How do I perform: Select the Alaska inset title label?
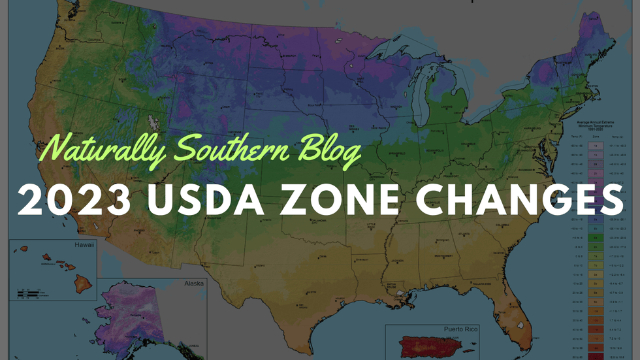pos(193,283)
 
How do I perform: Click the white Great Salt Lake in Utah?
pos(154,122)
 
